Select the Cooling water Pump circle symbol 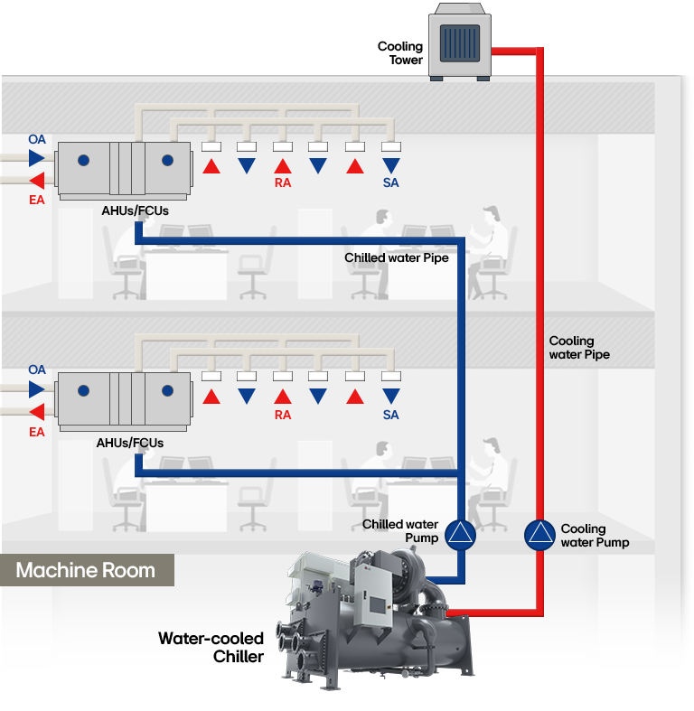tap(540, 535)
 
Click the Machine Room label tap(86, 571)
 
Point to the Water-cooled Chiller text tap(211, 648)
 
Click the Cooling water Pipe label tap(579, 348)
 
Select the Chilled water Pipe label tap(397, 258)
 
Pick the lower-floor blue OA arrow tap(36, 389)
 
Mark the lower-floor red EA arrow tap(36, 413)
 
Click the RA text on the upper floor tap(283, 183)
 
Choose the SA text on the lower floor tap(390, 416)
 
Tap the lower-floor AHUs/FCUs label tap(130, 444)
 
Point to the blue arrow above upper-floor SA tap(390, 166)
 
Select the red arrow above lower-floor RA tap(283, 397)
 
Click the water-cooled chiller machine tap(380, 623)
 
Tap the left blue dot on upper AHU tap(84, 160)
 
